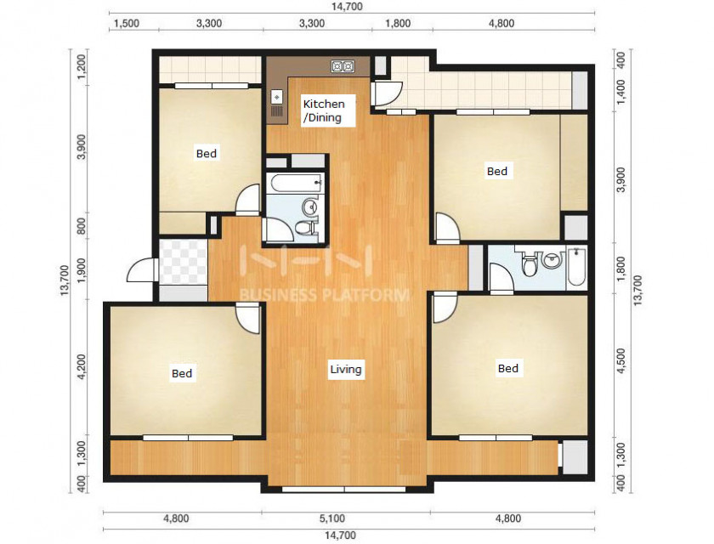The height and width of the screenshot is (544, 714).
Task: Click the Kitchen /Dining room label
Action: pyautogui.click(x=324, y=110)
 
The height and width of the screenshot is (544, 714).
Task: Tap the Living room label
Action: pyautogui.click(x=346, y=369)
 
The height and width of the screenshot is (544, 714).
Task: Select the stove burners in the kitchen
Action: pyautogui.click(x=343, y=67)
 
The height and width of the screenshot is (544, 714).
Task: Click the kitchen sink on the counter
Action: pyautogui.click(x=277, y=98)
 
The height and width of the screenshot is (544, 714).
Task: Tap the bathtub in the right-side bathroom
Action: pyautogui.click(x=576, y=266)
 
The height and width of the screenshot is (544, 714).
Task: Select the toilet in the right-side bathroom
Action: pyautogui.click(x=530, y=265)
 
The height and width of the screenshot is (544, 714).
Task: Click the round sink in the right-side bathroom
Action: pyautogui.click(x=552, y=261)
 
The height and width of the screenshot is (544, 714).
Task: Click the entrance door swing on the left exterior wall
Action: pyautogui.click(x=142, y=270)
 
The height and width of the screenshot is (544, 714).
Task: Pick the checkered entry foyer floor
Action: pyautogui.click(x=184, y=262)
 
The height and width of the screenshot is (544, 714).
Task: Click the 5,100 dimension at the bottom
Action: pyautogui.click(x=332, y=518)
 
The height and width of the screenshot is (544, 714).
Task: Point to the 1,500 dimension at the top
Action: pyautogui.click(x=126, y=24)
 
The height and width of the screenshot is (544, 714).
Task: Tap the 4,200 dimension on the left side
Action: pyautogui.click(x=82, y=367)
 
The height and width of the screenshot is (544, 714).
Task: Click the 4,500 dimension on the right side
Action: pyautogui.click(x=621, y=361)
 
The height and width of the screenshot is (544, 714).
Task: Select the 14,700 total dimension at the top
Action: pyautogui.click(x=347, y=6)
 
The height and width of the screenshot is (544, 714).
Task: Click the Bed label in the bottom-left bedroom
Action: pyautogui.click(x=182, y=374)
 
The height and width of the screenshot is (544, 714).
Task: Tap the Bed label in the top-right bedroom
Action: pyautogui.click(x=496, y=171)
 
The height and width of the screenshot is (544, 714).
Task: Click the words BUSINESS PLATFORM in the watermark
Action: pyautogui.click(x=324, y=295)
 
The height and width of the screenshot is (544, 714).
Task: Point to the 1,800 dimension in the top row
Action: pyautogui.click(x=398, y=23)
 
